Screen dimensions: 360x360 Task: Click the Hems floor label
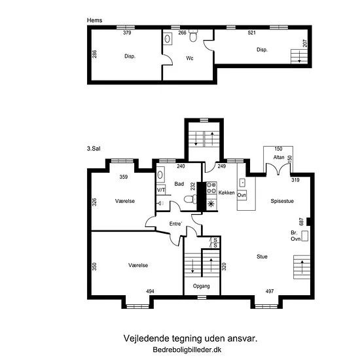pyautogui.click(x=94, y=20)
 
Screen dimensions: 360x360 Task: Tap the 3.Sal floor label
pyautogui.click(x=94, y=149)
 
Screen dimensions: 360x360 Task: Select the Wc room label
pyautogui.click(x=190, y=58)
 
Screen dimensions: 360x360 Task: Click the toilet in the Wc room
pyautogui.click(x=193, y=36)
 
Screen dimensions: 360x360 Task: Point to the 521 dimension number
pyautogui.click(x=251, y=33)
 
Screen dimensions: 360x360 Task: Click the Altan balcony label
pyautogui.click(x=279, y=157)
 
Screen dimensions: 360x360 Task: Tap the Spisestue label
pyautogui.click(x=282, y=201)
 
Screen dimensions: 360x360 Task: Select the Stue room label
pyautogui.click(x=262, y=257)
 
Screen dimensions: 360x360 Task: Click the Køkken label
pyautogui.click(x=226, y=192)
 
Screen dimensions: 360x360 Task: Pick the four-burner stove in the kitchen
pyautogui.click(x=211, y=188)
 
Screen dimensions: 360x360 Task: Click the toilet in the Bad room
pyautogui.click(x=190, y=199)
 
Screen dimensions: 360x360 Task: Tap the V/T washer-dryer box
pyautogui.click(x=161, y=190)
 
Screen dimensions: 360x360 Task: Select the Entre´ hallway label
pyautogui.click(x=175, y=224)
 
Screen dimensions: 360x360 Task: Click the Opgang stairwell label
pyautogui.click(x=202, y=286)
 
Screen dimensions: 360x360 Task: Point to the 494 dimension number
pyautogui.click(x=150, y=291)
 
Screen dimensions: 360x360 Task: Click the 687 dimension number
pyautogui.click(x=301, y=221)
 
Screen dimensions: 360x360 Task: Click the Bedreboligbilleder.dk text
pyautogui.click(x=187, y=350)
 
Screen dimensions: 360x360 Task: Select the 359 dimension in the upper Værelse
pyautogui.click(x=124, y=177)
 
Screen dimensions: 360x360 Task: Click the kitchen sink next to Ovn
pyautogui.click(x=242, y=183)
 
